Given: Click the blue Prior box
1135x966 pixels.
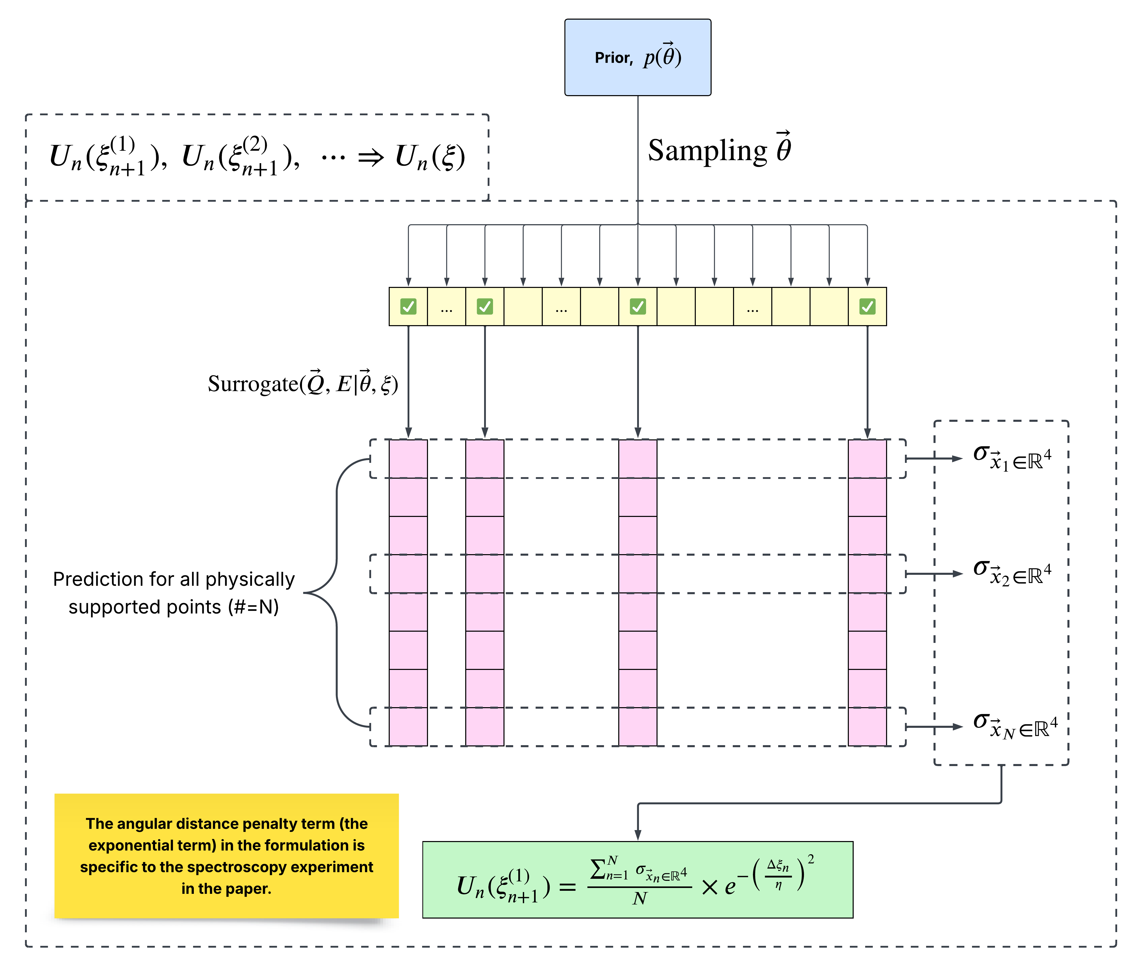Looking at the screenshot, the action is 638,57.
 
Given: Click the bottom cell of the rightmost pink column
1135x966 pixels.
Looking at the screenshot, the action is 867,727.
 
